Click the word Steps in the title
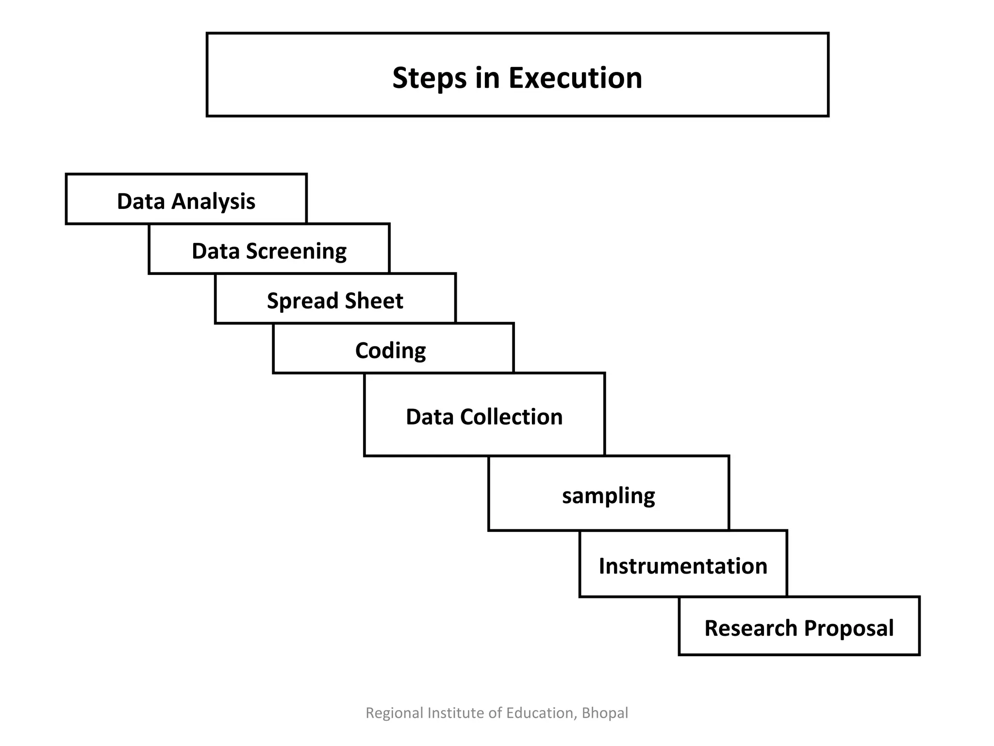coord(430,78)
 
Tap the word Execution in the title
coord(575,78)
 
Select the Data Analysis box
coord(186,200)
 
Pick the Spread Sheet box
coord(335,299)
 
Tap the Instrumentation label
coord(682,566)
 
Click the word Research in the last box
coord(752,628)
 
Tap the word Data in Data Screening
coord(215,251)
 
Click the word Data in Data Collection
coord(429,417)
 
